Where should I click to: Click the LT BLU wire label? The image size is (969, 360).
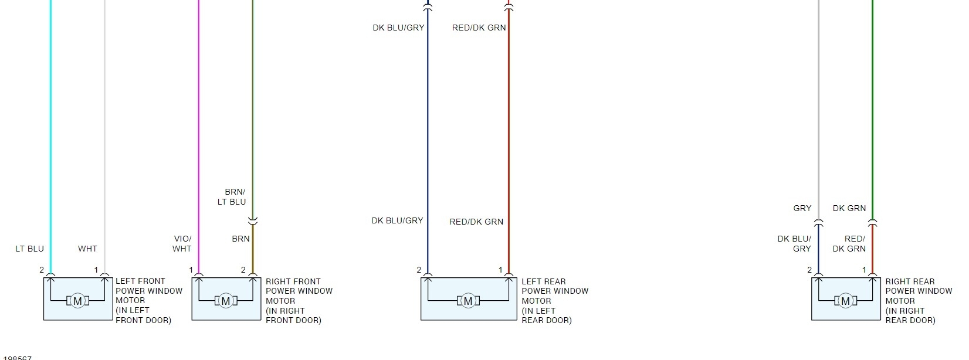pyautogui.click(x=29, y=249)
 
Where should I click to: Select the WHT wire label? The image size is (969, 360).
pyautogui.click(x=87, y=249)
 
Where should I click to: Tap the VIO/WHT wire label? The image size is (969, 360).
pyautogui.click(x=182, y=244)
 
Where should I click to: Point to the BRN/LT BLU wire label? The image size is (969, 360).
pyautogui.click(x=232, y=197)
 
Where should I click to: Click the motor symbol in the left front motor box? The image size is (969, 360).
pyautogui.click(x=77, y=301)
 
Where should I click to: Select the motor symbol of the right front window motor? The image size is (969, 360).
pyautogui.click(x=226, y=301)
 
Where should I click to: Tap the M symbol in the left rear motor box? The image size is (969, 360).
pyautogui.click(x=468, y=301)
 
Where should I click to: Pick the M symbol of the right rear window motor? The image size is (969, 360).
pyautogui.click(x=845, y=301)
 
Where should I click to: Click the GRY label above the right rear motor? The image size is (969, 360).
pyautogui.click(x=802, y=208)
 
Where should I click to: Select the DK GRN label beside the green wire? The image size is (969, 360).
pyautogui.click(x=849, y=208)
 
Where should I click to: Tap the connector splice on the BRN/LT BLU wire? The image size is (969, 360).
pyautogui.click(x=253, y=221)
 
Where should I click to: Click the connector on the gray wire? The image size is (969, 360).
pyautogui.click(x=818, y=222)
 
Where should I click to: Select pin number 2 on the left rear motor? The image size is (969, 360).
pyautogui.click(x=419, y=270)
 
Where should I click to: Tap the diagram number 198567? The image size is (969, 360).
pyautogui.click(x=17, y=358)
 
